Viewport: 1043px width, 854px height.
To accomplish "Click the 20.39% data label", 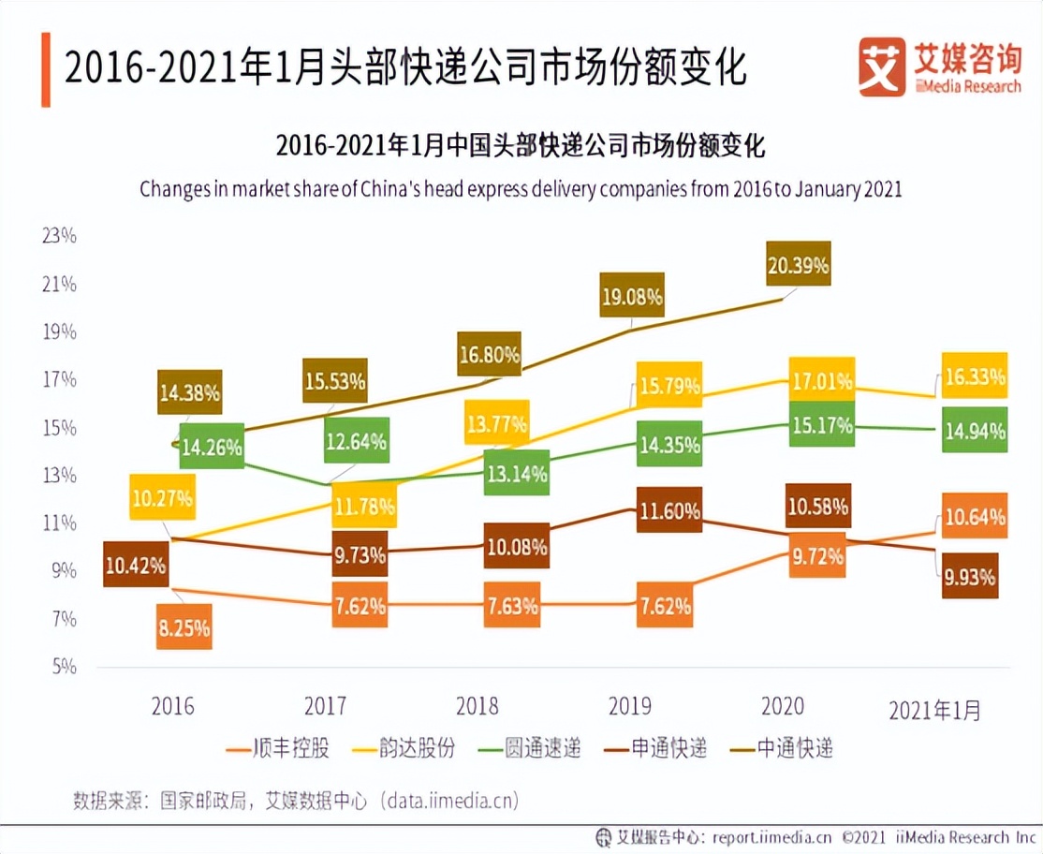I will tap(798, 263).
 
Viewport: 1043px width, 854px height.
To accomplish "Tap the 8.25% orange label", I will tap(184, 626).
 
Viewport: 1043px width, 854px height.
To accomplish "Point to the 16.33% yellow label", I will tap(974, 375).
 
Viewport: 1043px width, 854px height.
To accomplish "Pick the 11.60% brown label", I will tap(668, 510).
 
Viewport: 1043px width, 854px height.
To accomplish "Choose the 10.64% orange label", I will tap(974, 516).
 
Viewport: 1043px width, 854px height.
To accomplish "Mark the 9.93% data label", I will tap(969, 576).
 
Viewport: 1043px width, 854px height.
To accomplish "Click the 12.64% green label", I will tap(356, 440).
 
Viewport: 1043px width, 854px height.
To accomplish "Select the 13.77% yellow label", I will tap(496, 422).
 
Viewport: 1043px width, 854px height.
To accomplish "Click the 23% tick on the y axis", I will tap(59, 235).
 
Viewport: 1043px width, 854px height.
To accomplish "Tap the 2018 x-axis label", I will tap(477, 705).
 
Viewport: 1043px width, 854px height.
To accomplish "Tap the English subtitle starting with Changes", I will tap(521, 188).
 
